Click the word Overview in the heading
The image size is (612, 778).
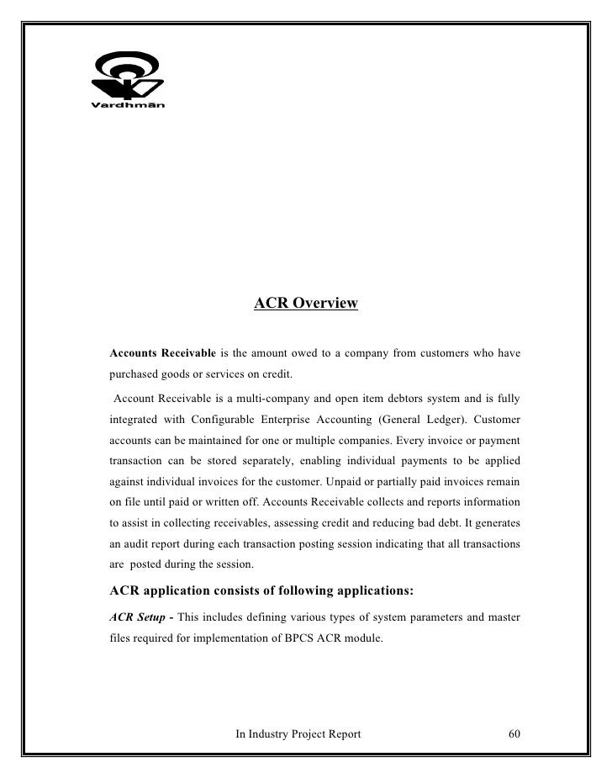(x=324, y=303)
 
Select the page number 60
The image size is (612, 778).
(x=514, y=734)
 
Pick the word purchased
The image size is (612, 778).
(x=135, y=374)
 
